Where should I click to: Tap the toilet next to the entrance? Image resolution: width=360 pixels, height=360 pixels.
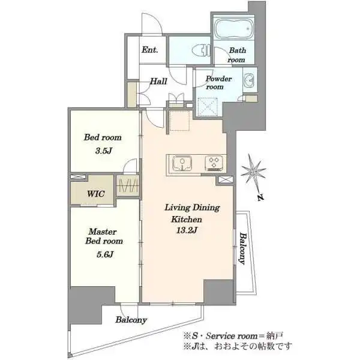point(202,50)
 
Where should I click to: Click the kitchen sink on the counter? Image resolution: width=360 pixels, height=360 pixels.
point(182,163)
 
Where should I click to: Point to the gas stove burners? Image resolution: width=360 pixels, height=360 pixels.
point(214,163)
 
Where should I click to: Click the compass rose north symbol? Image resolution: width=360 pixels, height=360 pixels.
point(253,176)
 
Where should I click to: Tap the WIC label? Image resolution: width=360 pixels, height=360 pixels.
point(96,194)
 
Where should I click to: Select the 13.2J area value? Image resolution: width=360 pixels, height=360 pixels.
point(187,230)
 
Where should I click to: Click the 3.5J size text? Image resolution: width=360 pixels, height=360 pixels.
point(103,151)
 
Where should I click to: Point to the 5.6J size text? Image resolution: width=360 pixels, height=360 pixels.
point(104,254)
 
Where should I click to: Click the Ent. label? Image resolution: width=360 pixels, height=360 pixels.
point(149,50)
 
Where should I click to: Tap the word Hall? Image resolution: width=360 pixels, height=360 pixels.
point(158,81)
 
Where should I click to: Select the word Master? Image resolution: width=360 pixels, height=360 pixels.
point(103,232)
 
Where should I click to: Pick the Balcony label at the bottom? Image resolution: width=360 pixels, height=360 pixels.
point(131,320)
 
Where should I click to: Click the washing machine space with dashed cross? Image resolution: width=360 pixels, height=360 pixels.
point(208,107)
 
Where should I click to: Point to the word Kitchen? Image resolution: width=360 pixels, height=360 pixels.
point(187,219)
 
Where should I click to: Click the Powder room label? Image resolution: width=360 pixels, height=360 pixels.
point(218,83)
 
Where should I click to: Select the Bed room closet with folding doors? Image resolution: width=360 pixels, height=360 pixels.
point(127,186)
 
